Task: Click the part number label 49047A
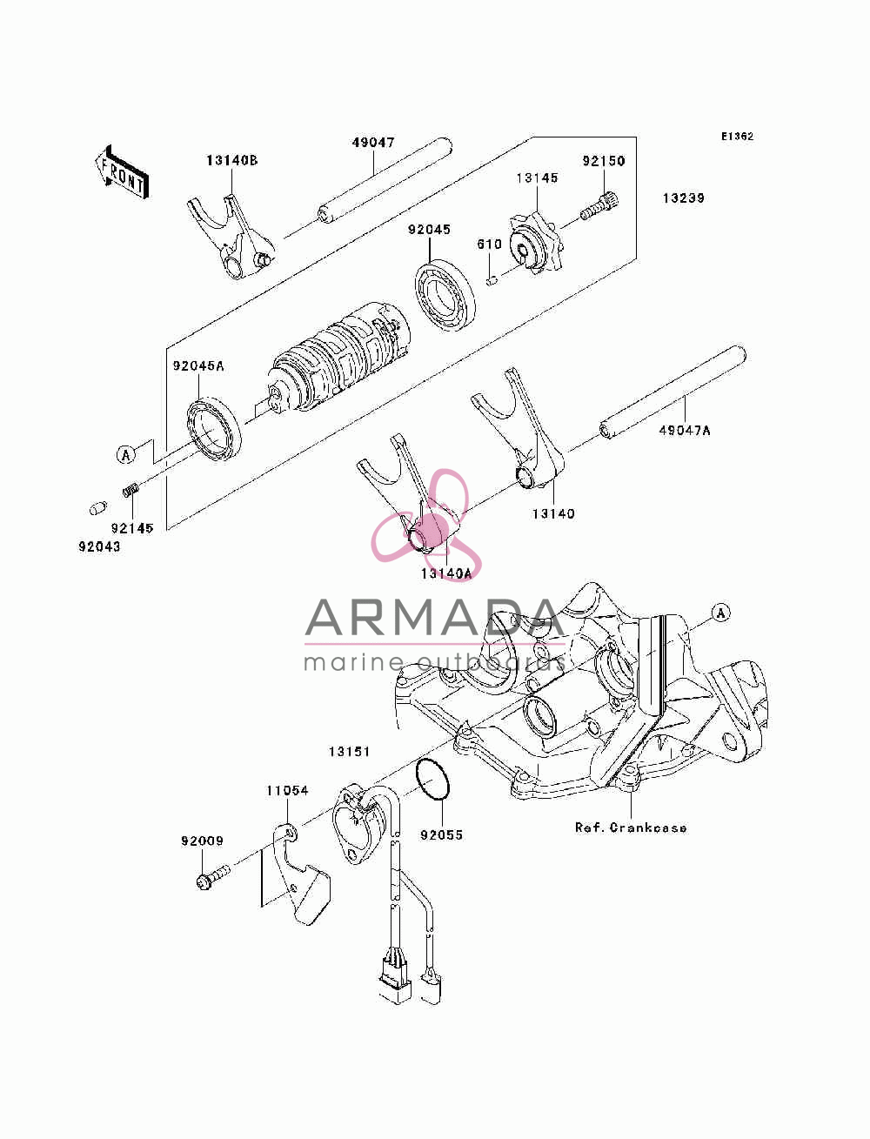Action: click(x=685, y=430)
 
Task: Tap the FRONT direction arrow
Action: click(x=123, y=172)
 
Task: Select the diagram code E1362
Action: click(x=737, y=137)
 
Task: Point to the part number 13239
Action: click(x=683, y=198)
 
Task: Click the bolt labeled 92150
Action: click(x=599, y=205)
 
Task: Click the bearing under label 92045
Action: click(x=445, y=294)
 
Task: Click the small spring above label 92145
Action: click(x=131, y=489)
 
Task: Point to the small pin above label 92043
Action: click(x=98, y=508)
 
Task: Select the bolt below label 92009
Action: click(x=212, y=876)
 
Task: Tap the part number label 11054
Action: click(x=287, y=790)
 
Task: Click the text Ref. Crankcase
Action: click(x=631, y=827)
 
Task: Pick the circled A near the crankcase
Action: click(x=720, y=613)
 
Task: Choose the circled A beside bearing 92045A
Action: click(x=125, y=455)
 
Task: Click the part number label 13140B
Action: click(x=232, y=160)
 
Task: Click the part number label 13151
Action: click(x=349, y=752)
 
